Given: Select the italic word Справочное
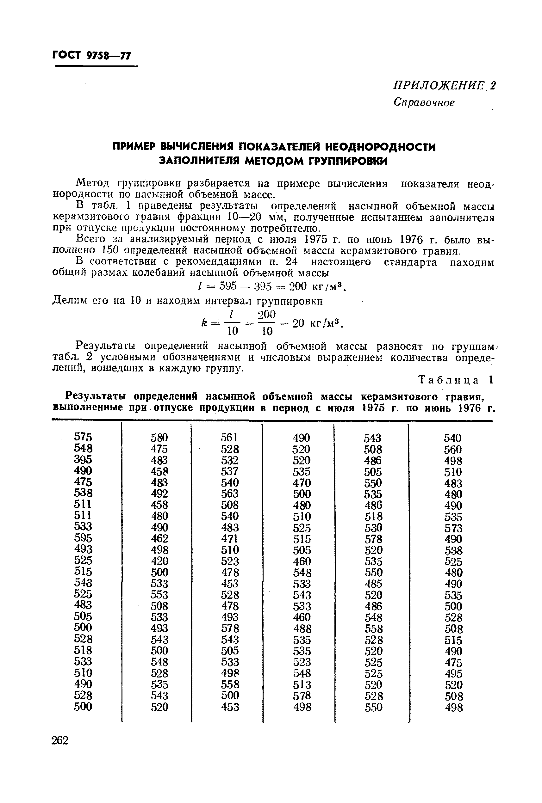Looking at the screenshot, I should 424,102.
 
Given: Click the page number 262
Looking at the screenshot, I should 60,740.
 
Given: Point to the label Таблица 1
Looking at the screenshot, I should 455,380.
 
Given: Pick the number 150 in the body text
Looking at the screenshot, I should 111,250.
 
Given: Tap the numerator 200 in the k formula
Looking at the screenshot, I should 267,314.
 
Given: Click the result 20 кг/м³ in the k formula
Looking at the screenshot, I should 317,323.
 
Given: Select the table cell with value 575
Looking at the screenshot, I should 83,437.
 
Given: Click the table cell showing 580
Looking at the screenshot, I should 159,438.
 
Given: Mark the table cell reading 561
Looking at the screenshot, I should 230,438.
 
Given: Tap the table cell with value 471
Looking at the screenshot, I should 230,539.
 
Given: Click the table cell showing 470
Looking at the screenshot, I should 302,483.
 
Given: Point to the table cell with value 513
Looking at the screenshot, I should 302,684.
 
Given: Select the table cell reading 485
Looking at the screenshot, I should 373,584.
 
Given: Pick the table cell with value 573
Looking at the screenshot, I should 453,528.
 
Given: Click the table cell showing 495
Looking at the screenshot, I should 453,673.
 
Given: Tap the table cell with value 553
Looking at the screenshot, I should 159,595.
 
